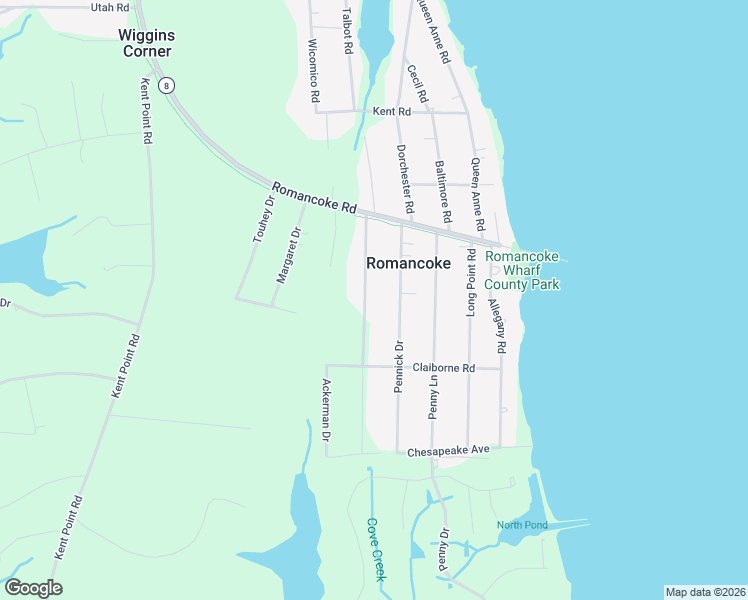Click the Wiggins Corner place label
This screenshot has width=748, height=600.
coord(146,42)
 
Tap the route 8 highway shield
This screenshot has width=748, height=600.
coord(169,85)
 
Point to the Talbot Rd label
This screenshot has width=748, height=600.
coord(347,31)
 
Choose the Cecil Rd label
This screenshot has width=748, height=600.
coord(417,84)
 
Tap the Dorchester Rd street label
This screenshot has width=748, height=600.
coord(404,179)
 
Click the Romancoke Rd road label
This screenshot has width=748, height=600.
coord(314,197)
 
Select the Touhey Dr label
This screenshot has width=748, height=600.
coord(263,219)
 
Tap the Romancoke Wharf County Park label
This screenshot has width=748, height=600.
coord(522,271)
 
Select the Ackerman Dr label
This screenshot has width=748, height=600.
coord(326,410)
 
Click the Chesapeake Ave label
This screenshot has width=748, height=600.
coord(448,451)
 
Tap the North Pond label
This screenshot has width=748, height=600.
coord(522,526)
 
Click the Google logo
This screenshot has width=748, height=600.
coord(33,588)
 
